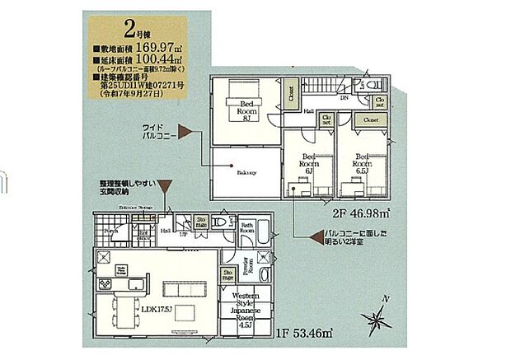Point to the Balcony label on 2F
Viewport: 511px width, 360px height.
(246, 173)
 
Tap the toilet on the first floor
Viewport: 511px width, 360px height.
(219, 222)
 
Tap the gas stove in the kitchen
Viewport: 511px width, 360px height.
(106, 284)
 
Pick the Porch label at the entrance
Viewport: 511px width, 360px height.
(111, 231)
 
